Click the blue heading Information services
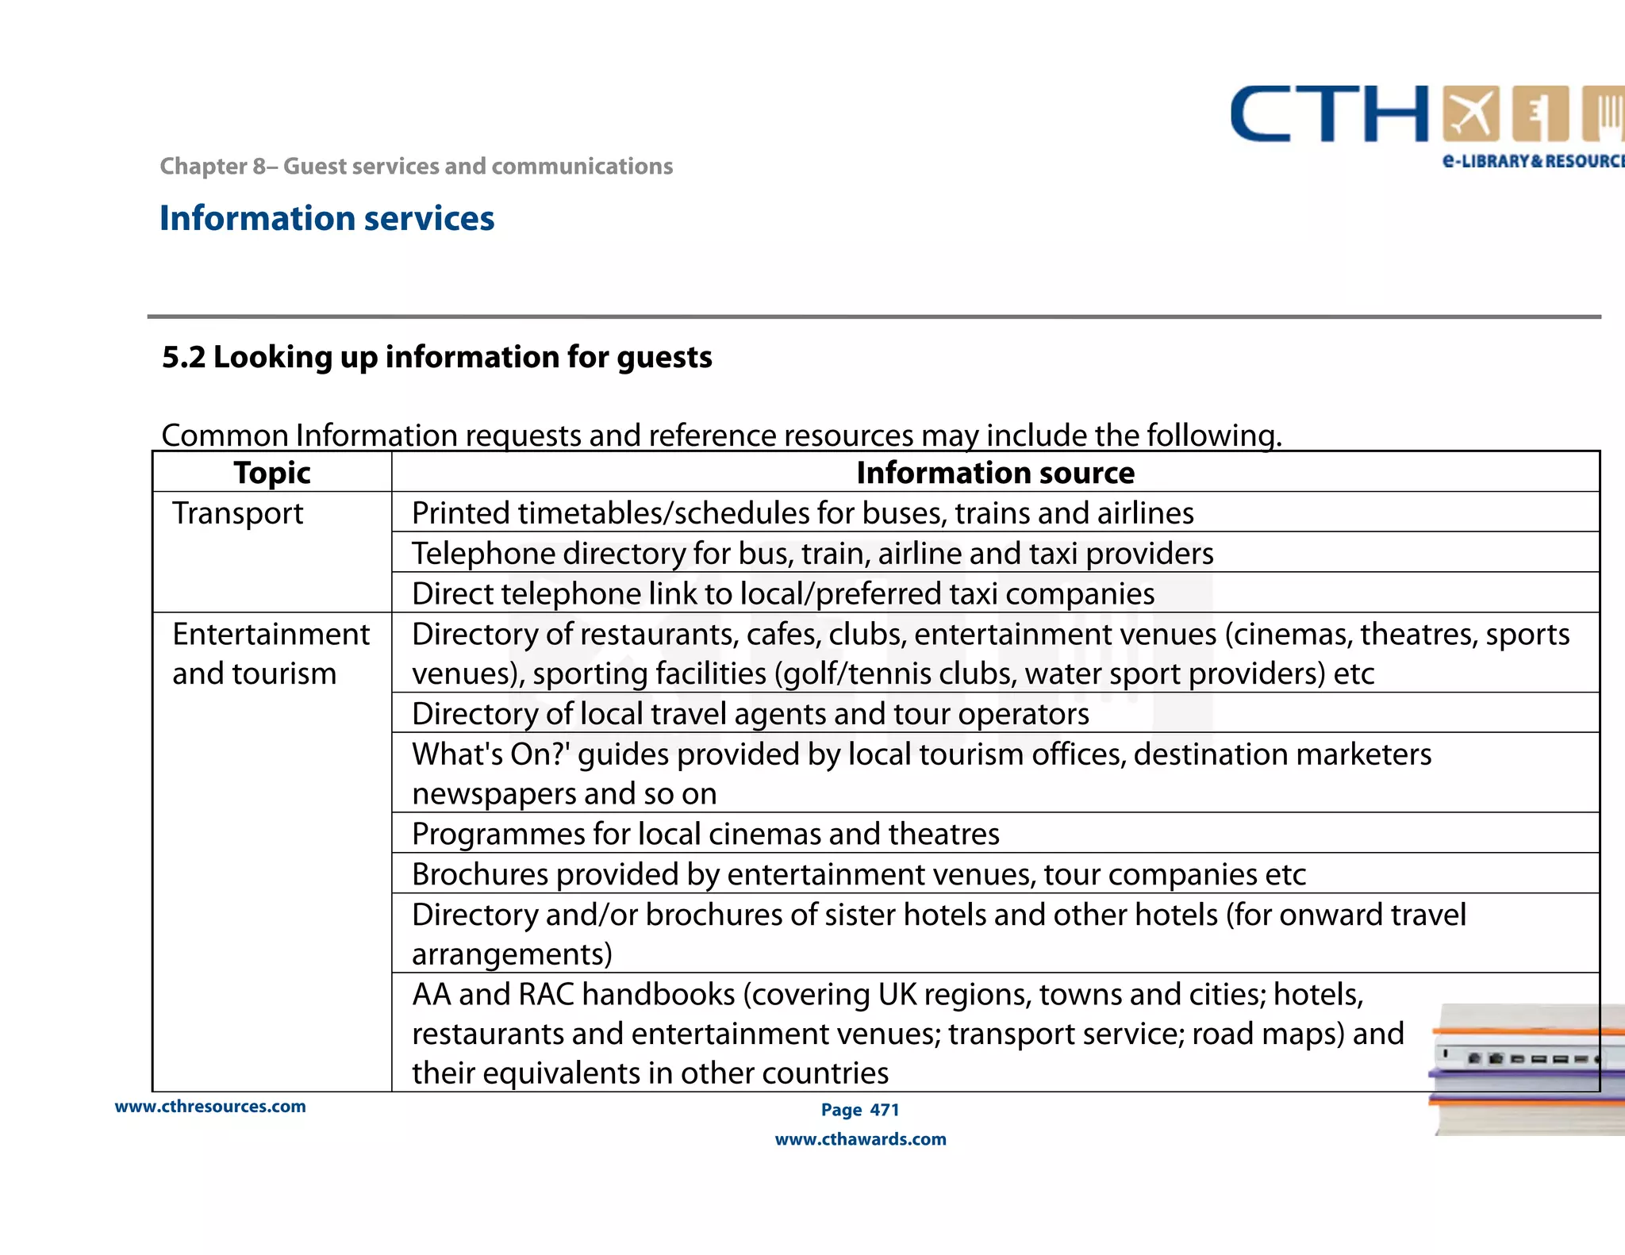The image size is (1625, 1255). click(326, 218)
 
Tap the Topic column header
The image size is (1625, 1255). click(271, 473)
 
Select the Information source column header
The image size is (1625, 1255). click(995, 473)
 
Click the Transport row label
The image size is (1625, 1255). click(237, 513)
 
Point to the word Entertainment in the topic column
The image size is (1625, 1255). click(271, 634)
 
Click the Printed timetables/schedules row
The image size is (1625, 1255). click(802, 513)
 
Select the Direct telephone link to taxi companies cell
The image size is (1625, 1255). click(782, 593)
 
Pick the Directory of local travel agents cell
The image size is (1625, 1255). click(750, 714)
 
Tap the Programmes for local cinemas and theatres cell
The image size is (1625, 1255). click(705, 834)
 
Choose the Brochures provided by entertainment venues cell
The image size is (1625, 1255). click(858, 874)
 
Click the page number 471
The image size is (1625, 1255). click(885, 1110)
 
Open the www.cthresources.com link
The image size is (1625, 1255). click(210, 1107)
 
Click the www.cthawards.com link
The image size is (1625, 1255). click(860, 1139)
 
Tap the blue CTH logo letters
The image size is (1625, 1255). click(1329, 115)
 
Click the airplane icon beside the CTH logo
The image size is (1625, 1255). click(1470, 113)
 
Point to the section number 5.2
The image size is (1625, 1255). click(183, 358)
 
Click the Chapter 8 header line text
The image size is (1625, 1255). click(416, 167)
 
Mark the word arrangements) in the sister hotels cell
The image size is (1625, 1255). click(512, 954)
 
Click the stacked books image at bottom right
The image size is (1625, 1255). click(1527, 1067)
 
